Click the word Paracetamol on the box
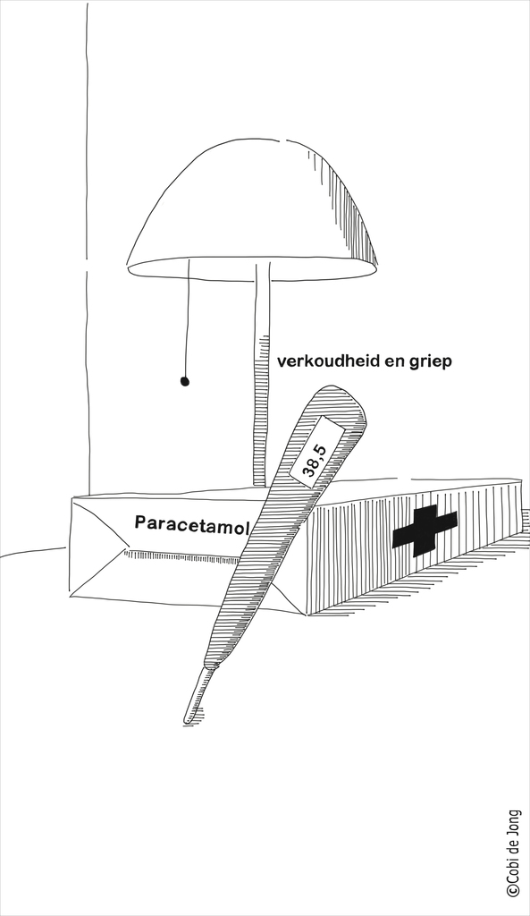[x=192, y=524]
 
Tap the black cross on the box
[x=425, y=530]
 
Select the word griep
[x=433, y=362]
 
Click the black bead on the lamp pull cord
[x=184, y=382]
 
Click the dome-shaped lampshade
[x=253, y=210]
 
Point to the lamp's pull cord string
[x=187, y=318]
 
